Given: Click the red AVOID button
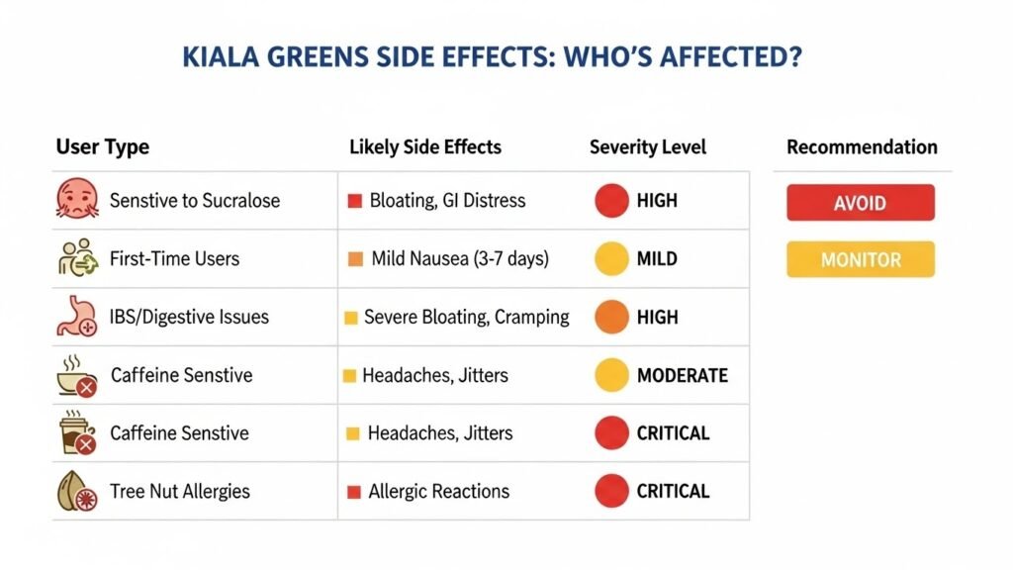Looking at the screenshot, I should [x=860, y=203].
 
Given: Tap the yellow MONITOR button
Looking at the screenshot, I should [x=860, y=260].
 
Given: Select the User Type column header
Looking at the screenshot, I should [x=102, y=147].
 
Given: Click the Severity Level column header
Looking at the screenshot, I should [x=647, y=147].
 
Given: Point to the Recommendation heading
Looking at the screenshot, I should [x=862, y=147].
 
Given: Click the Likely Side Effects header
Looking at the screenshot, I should [x=425, y=147].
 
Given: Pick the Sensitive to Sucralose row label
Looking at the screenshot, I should [x=194, y=201].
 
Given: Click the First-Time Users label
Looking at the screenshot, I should [x=174, y=259].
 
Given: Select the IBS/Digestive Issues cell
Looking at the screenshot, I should [x=189, y=318].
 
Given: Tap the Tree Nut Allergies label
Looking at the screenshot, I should [x=180, y=491].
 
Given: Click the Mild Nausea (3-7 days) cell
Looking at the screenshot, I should [x=460, y=259].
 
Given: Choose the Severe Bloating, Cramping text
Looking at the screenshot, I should [x=466, y=318].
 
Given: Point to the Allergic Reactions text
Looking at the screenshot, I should [x=438, y=491].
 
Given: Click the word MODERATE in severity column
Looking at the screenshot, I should [x=682, y=375].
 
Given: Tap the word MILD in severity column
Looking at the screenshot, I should [x=657, y=259].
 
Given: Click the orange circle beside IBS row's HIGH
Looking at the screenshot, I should [x=612, y=318].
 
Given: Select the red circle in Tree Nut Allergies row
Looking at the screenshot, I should [x=612, y=491].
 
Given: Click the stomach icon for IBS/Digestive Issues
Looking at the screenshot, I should [x=75, y=318].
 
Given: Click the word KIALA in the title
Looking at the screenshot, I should [x=220, y=57].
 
